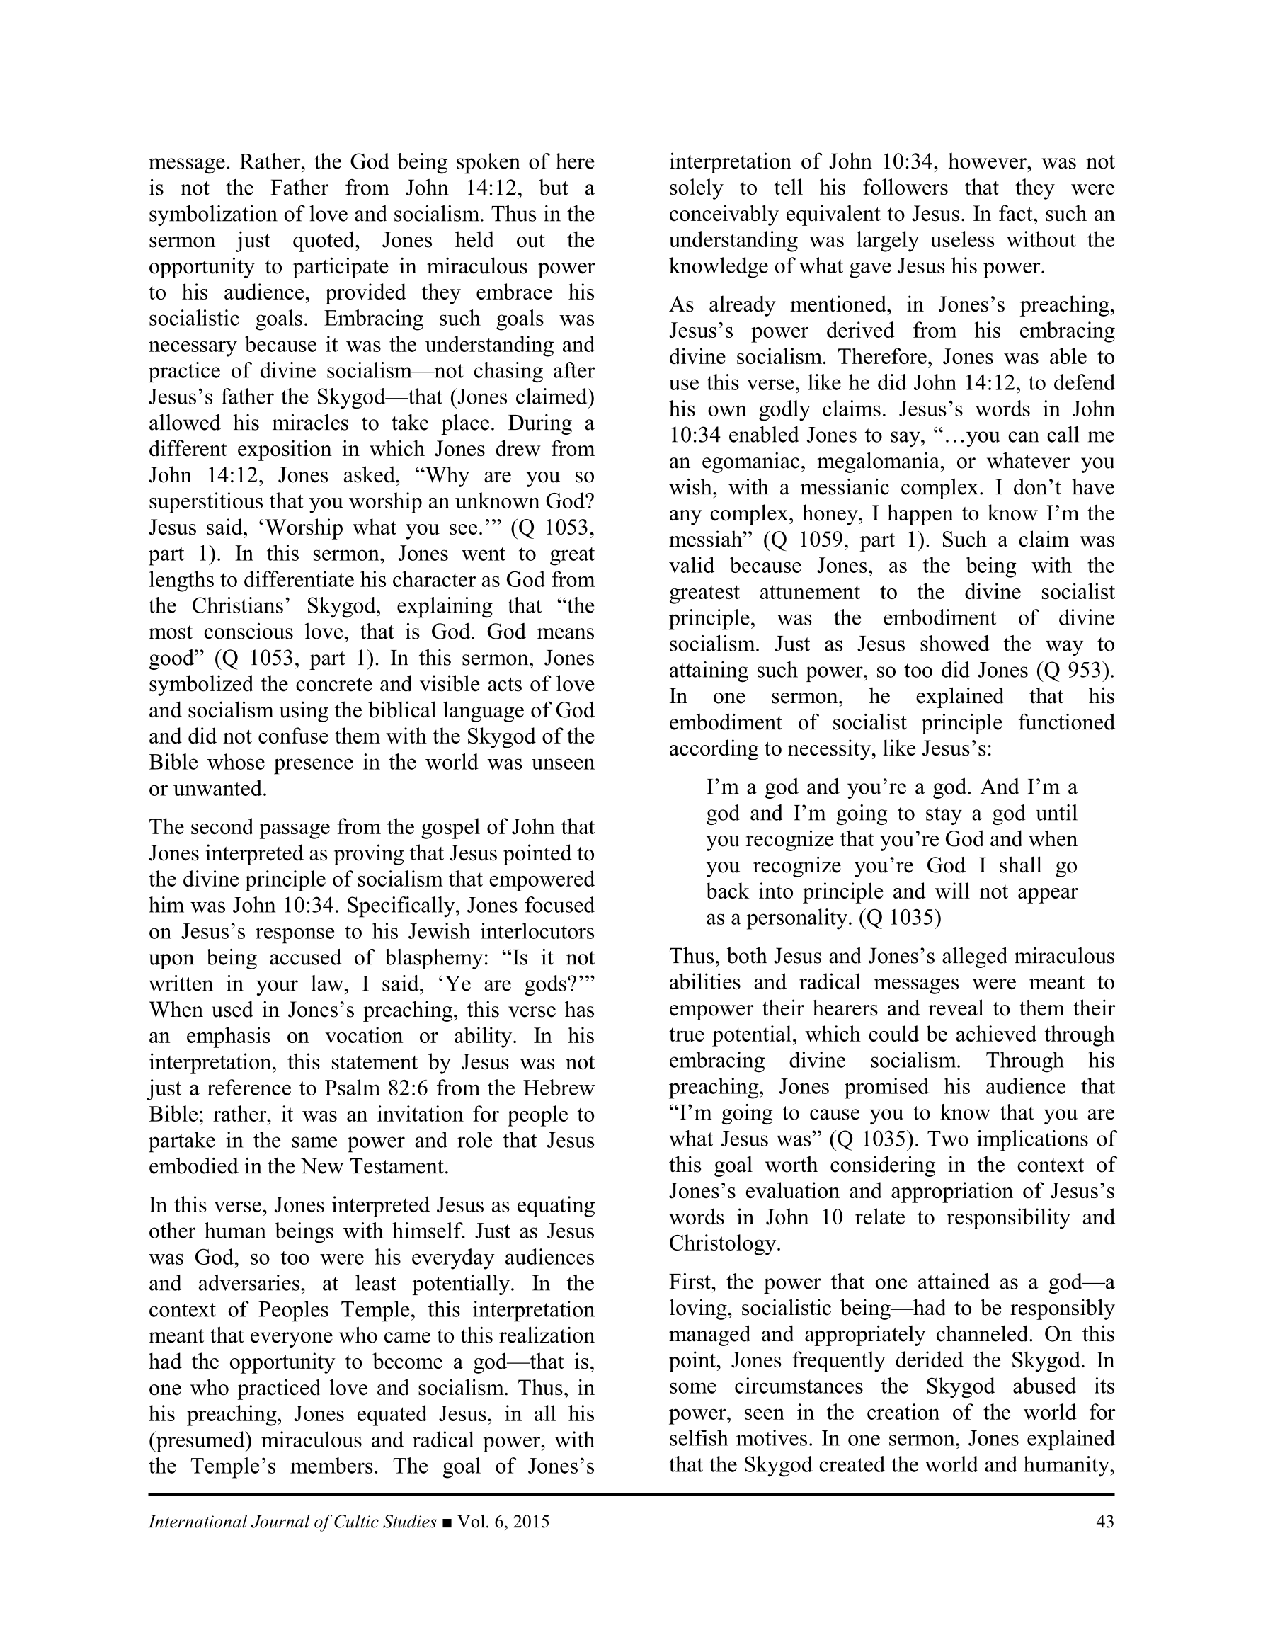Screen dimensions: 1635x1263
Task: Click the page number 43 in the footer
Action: click(x=1104, y=1522)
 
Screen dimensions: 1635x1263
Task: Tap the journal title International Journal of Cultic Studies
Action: click(x=292, y=1522)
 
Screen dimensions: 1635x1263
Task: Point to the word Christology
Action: click(x=724, y=1243)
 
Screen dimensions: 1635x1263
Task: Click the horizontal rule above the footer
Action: click(x=631, y=1495)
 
